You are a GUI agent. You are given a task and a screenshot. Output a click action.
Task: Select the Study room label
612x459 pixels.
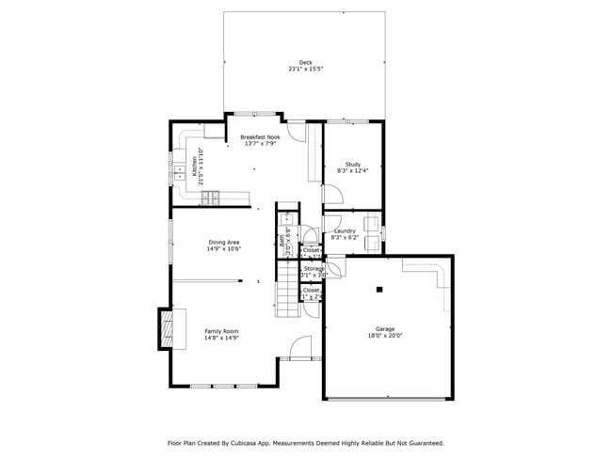tap(353, 165)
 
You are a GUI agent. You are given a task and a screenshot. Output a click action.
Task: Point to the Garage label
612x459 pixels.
tap(385, 328)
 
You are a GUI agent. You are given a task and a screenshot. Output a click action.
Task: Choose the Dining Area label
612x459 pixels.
tap(224, 243)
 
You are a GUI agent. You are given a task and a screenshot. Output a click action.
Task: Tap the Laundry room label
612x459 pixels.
tap(344, 231)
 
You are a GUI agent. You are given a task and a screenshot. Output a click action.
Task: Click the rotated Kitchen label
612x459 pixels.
tap(195, 166)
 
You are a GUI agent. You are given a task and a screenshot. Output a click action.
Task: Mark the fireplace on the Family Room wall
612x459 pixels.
tap(166, 327)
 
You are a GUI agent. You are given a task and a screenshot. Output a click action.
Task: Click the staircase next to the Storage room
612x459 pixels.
tap(286, 292)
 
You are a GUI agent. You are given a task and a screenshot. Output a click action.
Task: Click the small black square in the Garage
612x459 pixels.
tap(378, 289)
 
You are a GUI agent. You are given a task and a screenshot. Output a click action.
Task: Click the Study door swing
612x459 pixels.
tap(331, 193)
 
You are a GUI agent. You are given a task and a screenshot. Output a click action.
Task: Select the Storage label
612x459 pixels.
tap(314, 269)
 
